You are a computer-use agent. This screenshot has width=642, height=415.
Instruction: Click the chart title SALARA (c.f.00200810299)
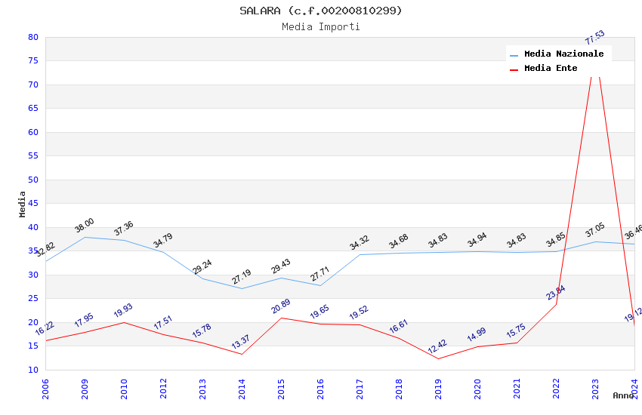pos(321,11)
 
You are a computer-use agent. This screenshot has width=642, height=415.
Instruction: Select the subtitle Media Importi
pos(321,27)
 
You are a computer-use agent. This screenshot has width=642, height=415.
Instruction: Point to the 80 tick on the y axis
pos(32,37)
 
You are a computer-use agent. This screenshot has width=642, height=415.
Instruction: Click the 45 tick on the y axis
pos(32,204)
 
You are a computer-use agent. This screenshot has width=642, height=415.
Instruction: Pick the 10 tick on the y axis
pos(32,370)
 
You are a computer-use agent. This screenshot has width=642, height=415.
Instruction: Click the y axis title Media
pos(22,204)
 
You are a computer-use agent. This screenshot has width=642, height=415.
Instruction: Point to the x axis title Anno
pos(623,395)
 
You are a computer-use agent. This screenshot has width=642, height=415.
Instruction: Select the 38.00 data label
pos(84,225)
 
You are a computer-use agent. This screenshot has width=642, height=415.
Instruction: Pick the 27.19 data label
pos(241,277)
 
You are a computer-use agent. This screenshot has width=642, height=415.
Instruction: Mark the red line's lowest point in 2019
pos(438,358)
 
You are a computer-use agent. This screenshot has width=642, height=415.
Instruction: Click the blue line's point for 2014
pos(242,288)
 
